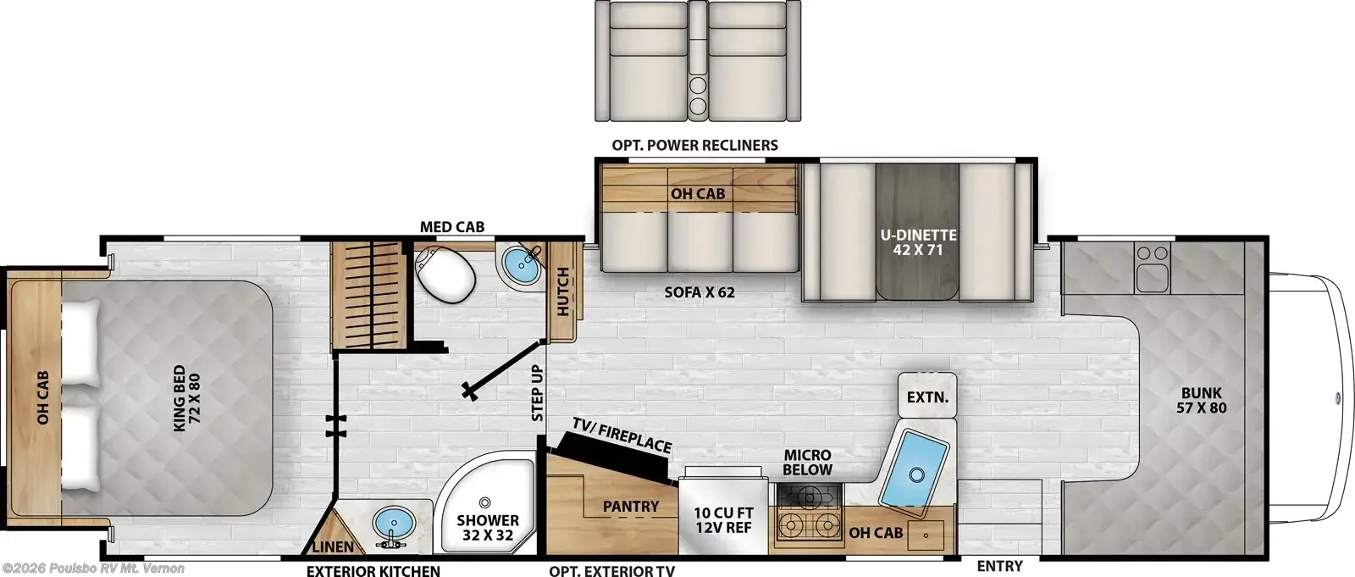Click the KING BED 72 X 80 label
click(187, 402)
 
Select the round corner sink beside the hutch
click(522, 269)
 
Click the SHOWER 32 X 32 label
click(488, 527)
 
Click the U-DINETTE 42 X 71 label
click(918, 242)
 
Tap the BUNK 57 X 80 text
click(1202, 400)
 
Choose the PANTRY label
click(631, 506)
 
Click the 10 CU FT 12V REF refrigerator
click(723, 515)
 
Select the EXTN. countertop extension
click(927, 396)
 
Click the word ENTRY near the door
click(999, 566)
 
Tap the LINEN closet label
click(333, 546)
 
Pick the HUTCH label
click(562, 291)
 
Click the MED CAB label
click(452, 227)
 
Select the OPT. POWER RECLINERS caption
click(694, 146)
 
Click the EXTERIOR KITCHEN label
click(373, 571)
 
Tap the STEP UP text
click(537, 393)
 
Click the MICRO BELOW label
click(808, 462)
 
